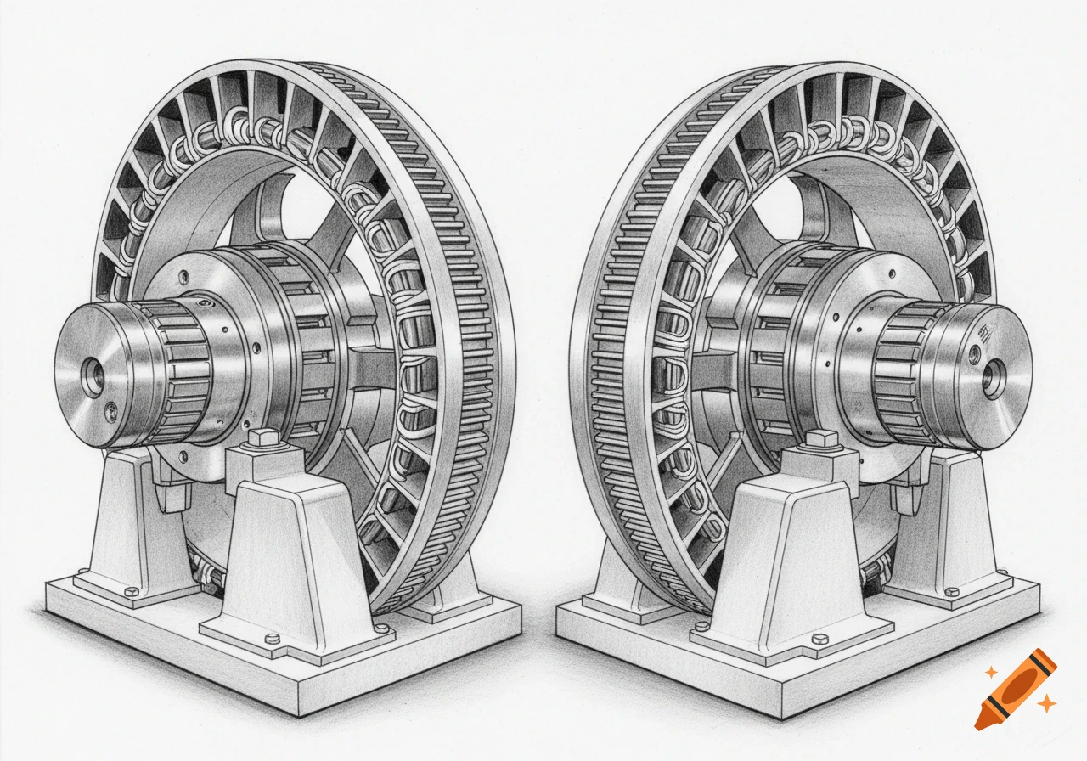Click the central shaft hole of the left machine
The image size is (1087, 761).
point(92,377)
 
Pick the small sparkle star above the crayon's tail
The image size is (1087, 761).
point(990,672)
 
